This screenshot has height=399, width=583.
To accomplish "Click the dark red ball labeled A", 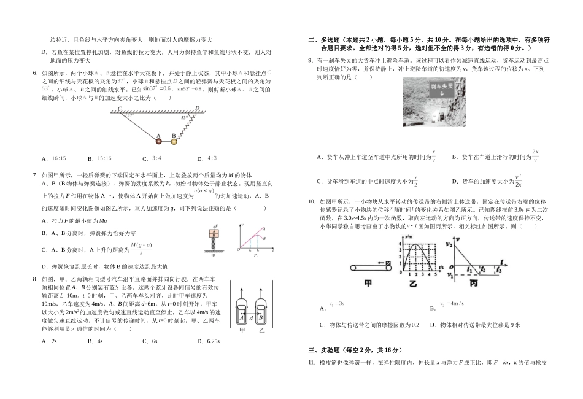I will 158,141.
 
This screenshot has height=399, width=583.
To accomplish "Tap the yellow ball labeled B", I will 174,142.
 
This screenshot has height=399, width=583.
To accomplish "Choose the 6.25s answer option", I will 209,341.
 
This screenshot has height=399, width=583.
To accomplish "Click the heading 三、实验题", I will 334,349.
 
